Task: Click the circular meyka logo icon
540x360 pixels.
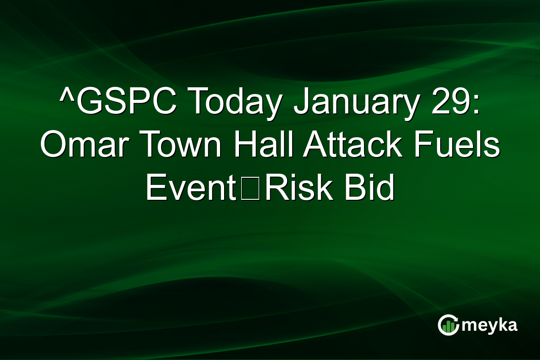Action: coord(448,325)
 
